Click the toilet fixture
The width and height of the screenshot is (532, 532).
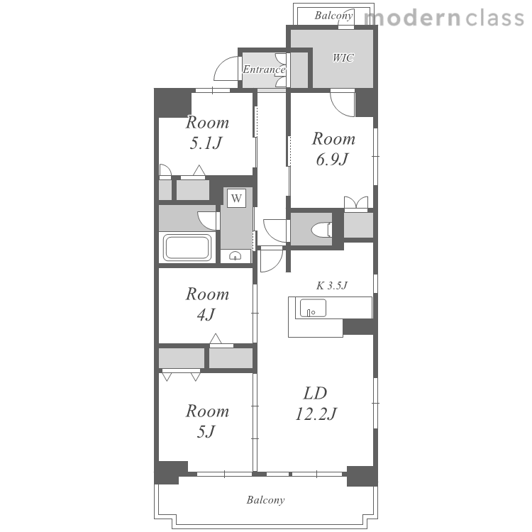pyautogui.click(x=321, y=229)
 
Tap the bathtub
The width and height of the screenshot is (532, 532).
pyautogui.click(x=187, y=248)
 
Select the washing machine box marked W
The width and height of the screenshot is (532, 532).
pyautogui.click(x=236, y=198)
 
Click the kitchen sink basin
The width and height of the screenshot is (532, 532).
pyautogui.click(x=313, y=308)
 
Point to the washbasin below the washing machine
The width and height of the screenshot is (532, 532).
pyautogui.click(x=235, y=255)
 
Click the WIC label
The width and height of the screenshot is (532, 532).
pyautogui.click(x=343, y=58)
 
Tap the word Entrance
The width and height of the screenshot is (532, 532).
pyautogui.click(x=264, y=70)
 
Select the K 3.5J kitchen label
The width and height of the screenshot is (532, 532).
pyautogui.click(x=332, y=286)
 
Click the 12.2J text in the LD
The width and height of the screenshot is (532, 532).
pyautogui.click(x=316, y=414)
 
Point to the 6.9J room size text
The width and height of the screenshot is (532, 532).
pyautogui.click(x=333, y=160)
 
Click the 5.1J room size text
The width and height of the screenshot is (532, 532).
pyautogui.click(x=206, y=143)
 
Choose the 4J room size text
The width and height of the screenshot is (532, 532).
pyautogui.click(x=206, y=315)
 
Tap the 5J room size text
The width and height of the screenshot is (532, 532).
pyautogui.click(x=206, y=432)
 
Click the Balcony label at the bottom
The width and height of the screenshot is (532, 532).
pyautogui.click(x=266, y=500)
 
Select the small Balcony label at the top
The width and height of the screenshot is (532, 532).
pyautogui.click(x=333, y=16)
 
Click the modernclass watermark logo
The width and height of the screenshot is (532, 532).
pyautogui.click(x=445, y=18)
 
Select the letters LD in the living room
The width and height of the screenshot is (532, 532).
pyautogui.click(x=315, y=394)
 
